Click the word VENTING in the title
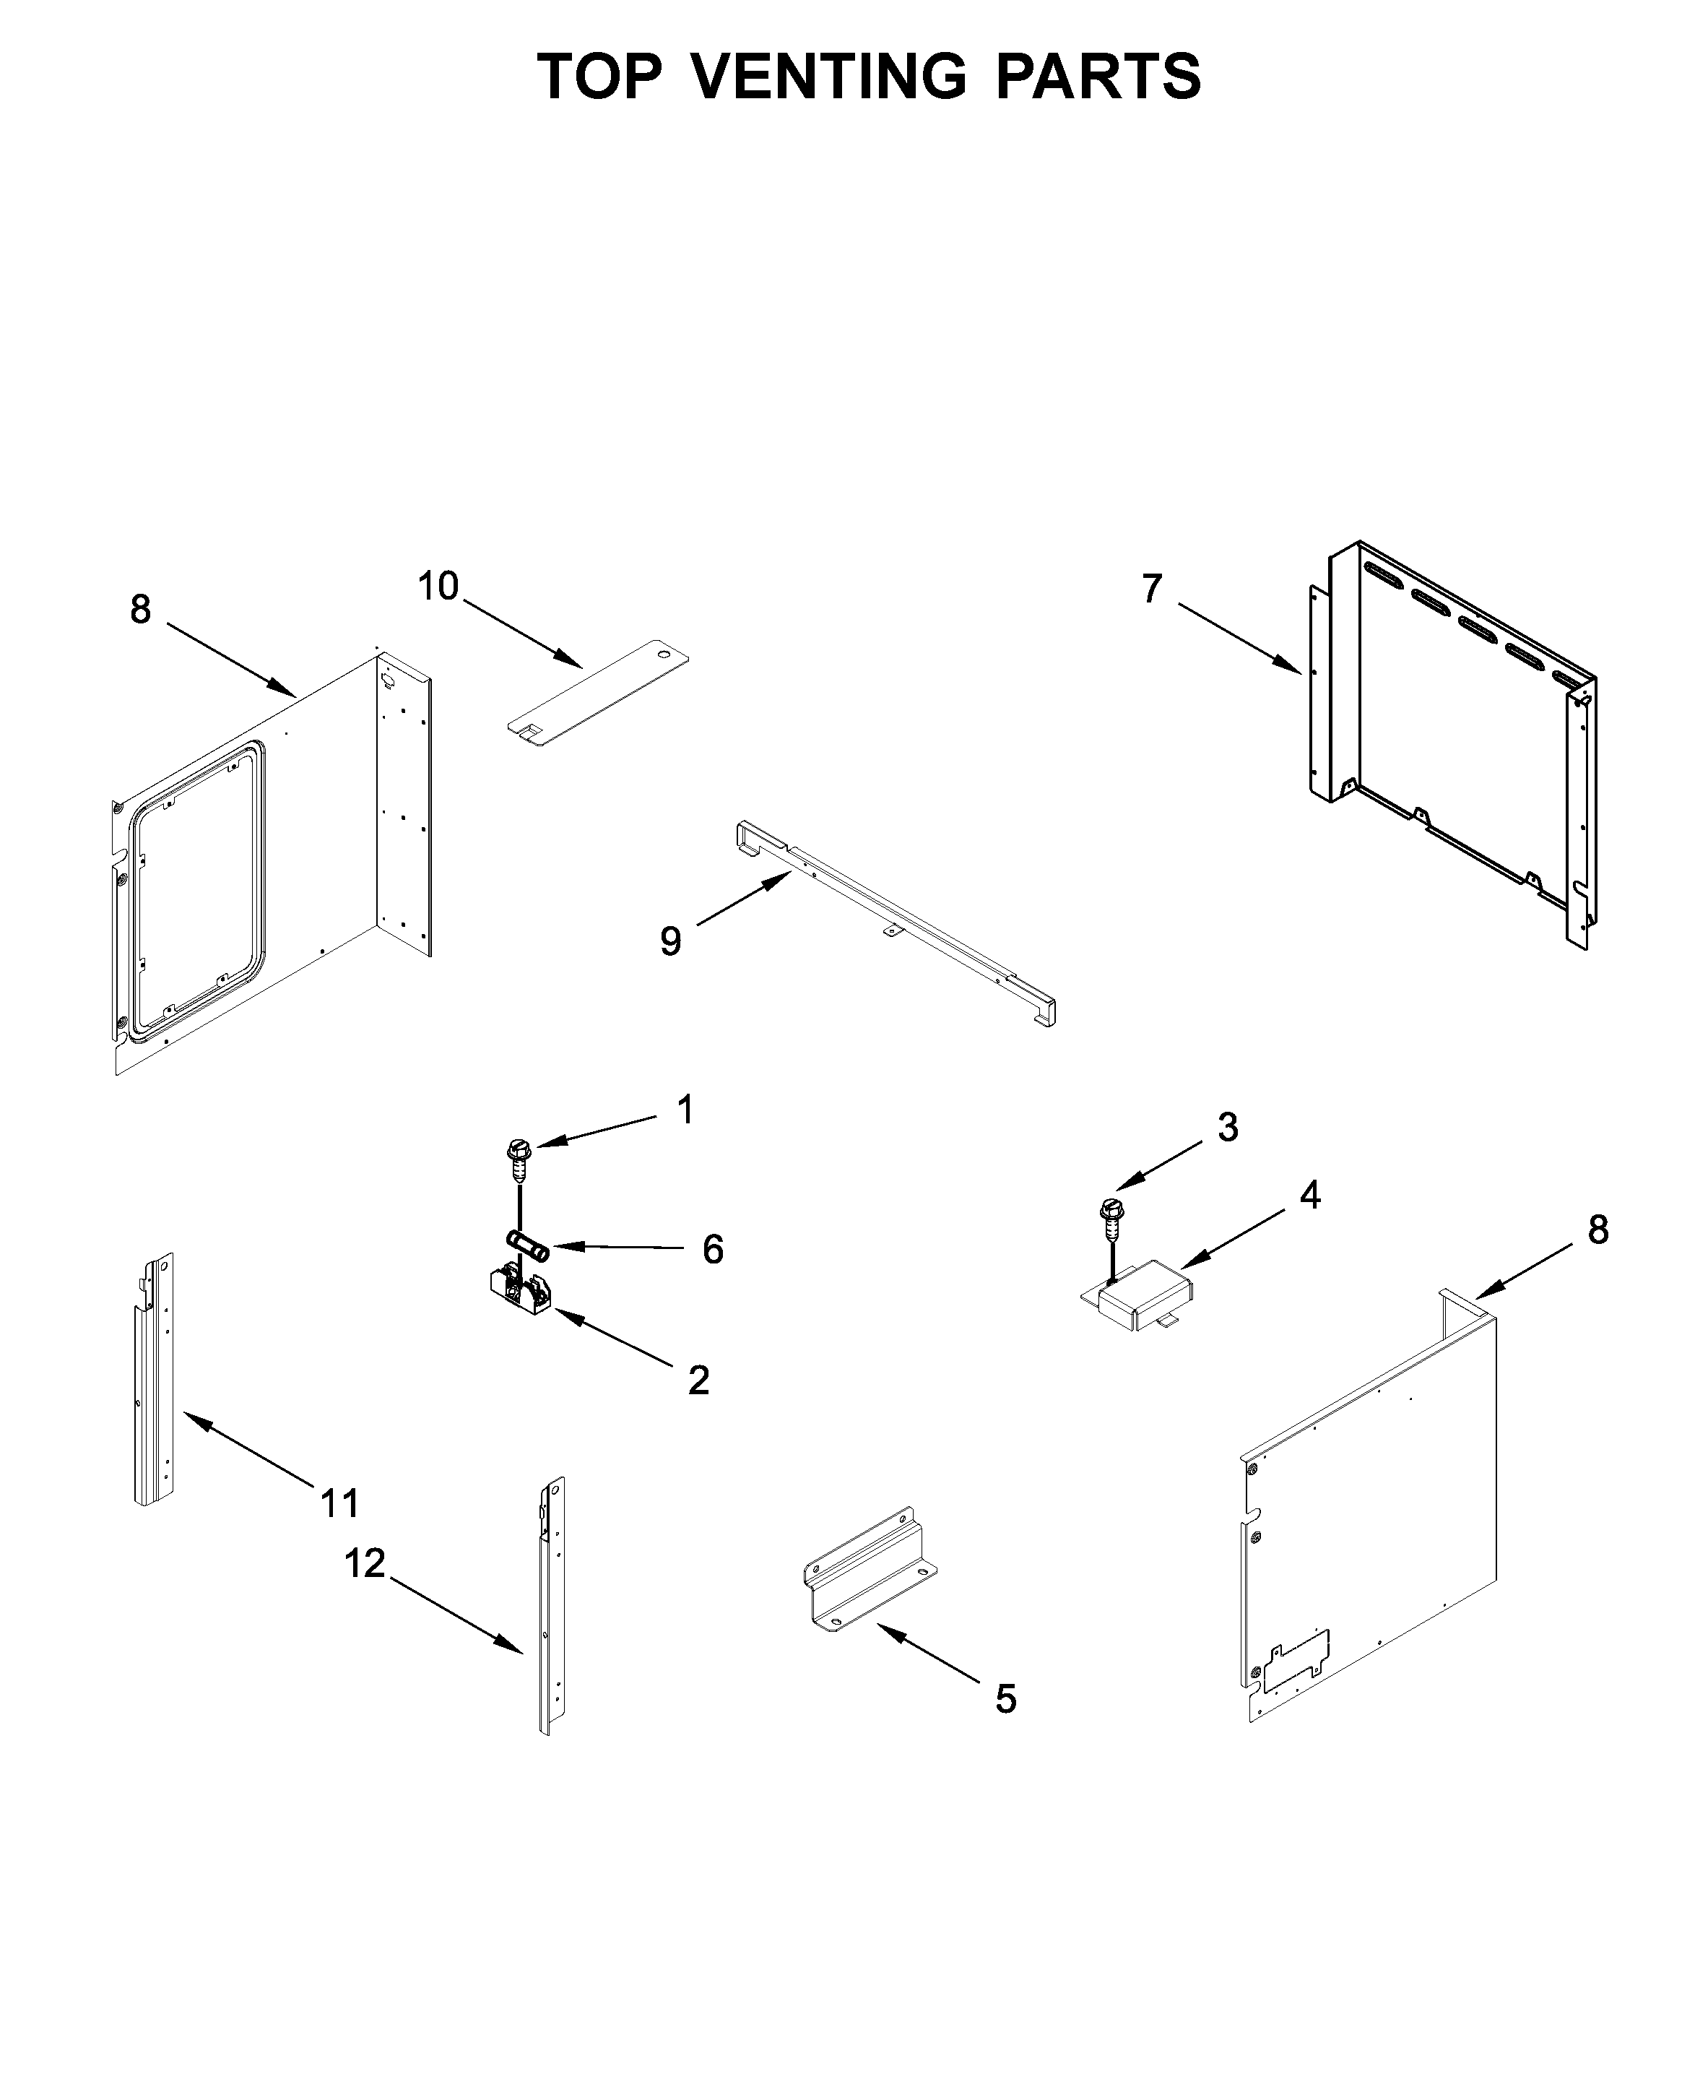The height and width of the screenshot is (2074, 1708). tap(829, 76)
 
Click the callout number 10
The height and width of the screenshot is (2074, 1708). tap(438, 587)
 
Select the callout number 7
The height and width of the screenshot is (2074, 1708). tap(1152, 589)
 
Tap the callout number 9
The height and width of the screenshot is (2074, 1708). tap(670, 941)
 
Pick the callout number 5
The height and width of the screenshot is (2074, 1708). tap(1005, 1698)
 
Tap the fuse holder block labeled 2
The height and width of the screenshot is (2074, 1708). tap(519, 1290)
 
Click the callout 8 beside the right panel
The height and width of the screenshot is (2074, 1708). tap(1598, 1231)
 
